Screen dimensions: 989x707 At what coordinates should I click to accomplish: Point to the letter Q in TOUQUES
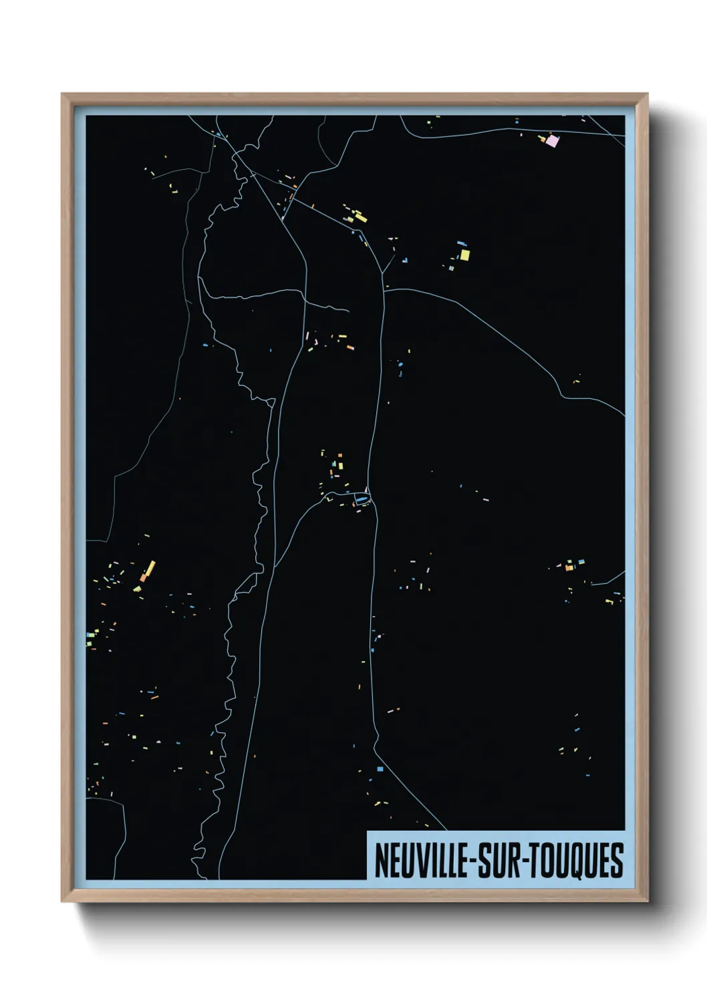pyautogui.click(x=579, y=861)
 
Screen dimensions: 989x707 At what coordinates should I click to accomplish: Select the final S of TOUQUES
pyautogui.click(x=617, y=861)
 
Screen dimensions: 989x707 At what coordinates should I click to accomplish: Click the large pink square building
pyautogui.click(x=552, y=140)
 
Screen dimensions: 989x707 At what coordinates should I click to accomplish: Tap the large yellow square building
pyautogui.click(x=464, y=255)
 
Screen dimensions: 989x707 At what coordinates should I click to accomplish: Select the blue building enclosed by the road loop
pyautogui.click(x=362, y=499)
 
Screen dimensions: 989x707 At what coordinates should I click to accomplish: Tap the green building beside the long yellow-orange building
pyautogui.click(x=138, y=588)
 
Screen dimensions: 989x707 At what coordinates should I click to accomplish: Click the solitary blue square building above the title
pyautogui.click(x=380, y=769)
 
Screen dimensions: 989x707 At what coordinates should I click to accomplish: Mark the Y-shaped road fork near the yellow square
pyautogui.click(x=382, y=273)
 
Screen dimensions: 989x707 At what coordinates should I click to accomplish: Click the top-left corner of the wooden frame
pyautogui.click(x=62, y=94)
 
